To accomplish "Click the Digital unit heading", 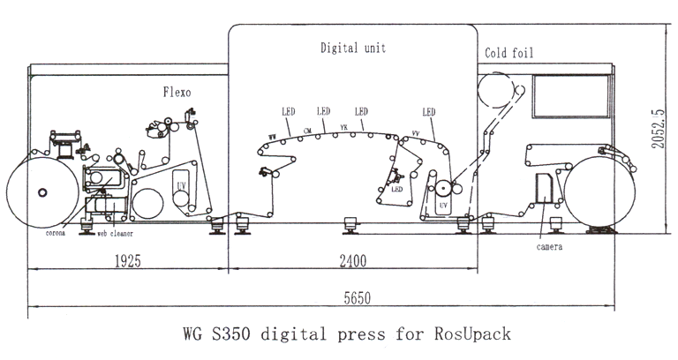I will click(x=352, y=49).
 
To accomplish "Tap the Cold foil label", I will click(x=509, y=55).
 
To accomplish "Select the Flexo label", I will click(x=177, y=91).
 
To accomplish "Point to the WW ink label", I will click(x=273, y=136).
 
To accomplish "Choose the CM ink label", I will click(x=307, y=131).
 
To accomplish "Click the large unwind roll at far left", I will click(x=41, y=192).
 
